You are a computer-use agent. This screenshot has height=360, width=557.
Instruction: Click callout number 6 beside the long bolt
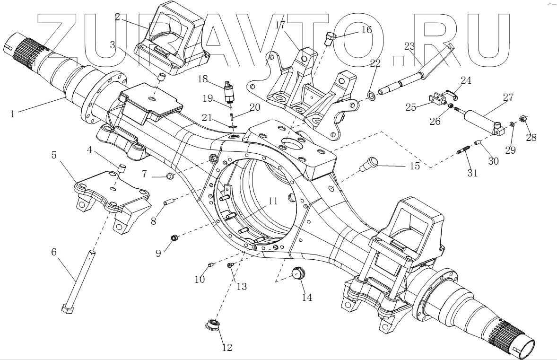(54, 252)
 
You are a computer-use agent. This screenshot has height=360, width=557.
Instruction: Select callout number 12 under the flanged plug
(227, 348)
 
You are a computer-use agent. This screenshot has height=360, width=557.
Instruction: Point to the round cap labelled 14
(297, 273)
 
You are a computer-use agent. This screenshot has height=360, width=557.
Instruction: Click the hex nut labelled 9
(174, 238)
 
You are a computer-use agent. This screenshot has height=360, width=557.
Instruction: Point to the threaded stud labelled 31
(462, 153)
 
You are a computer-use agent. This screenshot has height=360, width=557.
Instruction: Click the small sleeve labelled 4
(121, 168)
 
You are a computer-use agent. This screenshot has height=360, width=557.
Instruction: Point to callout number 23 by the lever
(409, 46)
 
